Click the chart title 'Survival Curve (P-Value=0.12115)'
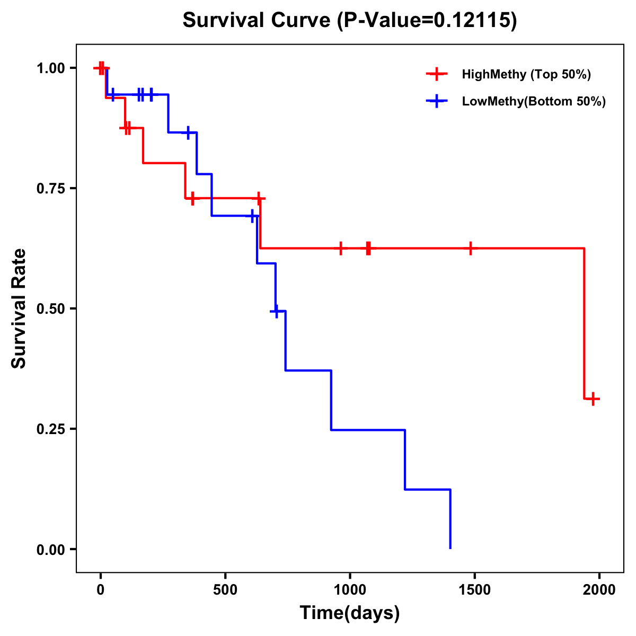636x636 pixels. [349, 21]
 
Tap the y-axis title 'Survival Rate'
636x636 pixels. [19, 308]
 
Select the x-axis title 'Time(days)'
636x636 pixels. [350, 613]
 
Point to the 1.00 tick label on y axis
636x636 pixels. [50, 68]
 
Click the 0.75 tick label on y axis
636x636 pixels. [50, 189]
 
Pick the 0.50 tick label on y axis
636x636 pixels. [50, 309]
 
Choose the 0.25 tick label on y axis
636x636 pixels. [50, 429]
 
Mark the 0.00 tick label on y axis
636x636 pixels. [50, 550]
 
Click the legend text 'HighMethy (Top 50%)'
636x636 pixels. [526, 74]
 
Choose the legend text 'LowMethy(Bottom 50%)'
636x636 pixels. [534, 101]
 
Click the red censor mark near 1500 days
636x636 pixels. [470, 248]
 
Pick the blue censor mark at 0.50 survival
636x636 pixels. [276, 311]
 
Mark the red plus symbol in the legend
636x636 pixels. [436, 74]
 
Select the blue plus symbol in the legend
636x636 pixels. [436, 101]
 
